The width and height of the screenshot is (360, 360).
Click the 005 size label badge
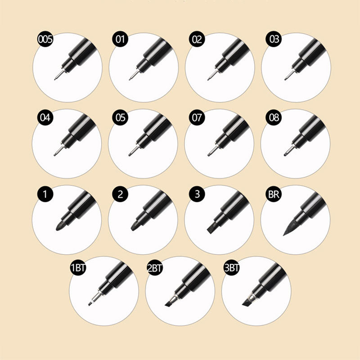(45, 39)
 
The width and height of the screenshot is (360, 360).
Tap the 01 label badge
(120, 39)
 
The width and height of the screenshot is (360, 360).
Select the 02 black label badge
(197, 39)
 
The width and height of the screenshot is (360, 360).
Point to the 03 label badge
(274, 39)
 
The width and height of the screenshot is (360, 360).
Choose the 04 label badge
(45, 117)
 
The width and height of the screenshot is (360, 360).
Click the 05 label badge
(120, 117)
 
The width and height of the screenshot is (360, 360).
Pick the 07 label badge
(197, 117)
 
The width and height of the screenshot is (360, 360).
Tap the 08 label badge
(274, 117)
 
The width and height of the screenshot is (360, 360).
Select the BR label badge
(274, 194)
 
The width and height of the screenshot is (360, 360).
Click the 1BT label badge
(78, 267)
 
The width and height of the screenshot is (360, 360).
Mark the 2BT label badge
(155, 267)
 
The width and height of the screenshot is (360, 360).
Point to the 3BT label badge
(231, 267)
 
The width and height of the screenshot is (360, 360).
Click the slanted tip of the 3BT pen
(247, 303)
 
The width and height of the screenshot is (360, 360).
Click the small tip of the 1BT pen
(91, 303)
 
